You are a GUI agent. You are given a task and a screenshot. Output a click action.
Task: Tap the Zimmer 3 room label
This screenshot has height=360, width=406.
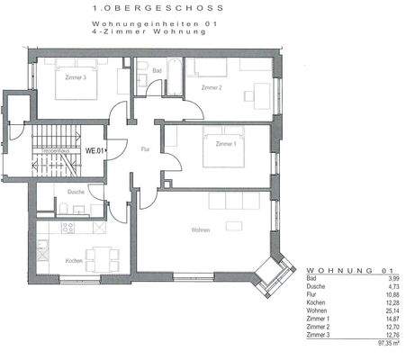click(x=76, y=78)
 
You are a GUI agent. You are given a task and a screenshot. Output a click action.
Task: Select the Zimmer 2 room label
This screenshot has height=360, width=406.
click(x=212, y=87)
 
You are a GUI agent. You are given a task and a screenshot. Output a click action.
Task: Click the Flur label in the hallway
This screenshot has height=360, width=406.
click(x=144, y=148)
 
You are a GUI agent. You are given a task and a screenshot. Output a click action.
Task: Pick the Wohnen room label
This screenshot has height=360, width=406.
click(x=200, y=229)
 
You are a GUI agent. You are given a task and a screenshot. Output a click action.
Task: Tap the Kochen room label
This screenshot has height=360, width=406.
click(x=74, y=261)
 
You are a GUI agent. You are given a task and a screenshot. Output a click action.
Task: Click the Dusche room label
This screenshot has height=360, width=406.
click(x=76, y=192)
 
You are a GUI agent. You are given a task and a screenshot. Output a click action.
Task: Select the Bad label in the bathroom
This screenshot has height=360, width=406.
click(x=157, y=69)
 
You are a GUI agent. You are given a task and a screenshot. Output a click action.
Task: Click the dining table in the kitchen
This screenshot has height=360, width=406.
click(x=100, y=256)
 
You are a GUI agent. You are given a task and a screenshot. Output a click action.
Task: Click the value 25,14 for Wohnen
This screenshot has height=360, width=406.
click(x=387, y=310)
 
